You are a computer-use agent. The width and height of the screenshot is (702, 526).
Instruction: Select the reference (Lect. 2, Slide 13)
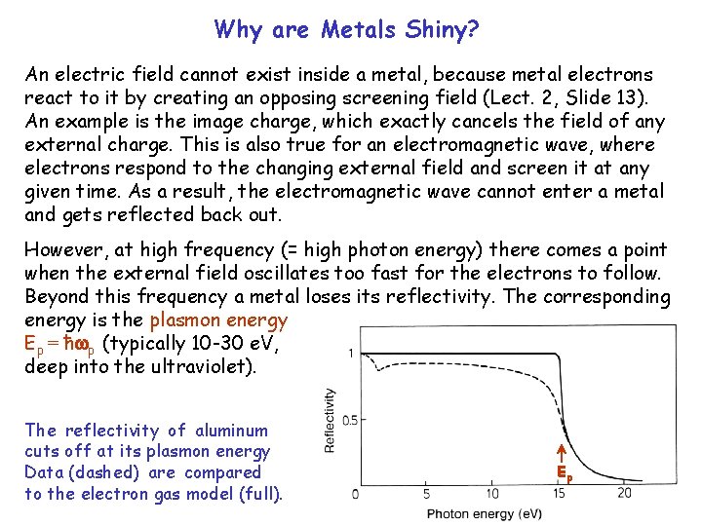point(555,98)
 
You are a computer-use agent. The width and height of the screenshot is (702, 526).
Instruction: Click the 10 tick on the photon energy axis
point(494,494)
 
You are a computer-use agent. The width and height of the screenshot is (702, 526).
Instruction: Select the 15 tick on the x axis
point(560,494)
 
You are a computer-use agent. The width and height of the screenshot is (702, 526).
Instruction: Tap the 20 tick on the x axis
point(625,494)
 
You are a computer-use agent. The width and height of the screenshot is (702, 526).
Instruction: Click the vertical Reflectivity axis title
point(330,420)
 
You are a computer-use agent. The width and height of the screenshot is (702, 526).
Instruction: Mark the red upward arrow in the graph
point(562,452)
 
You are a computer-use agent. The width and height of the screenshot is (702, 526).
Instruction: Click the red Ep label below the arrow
point(564,473)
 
